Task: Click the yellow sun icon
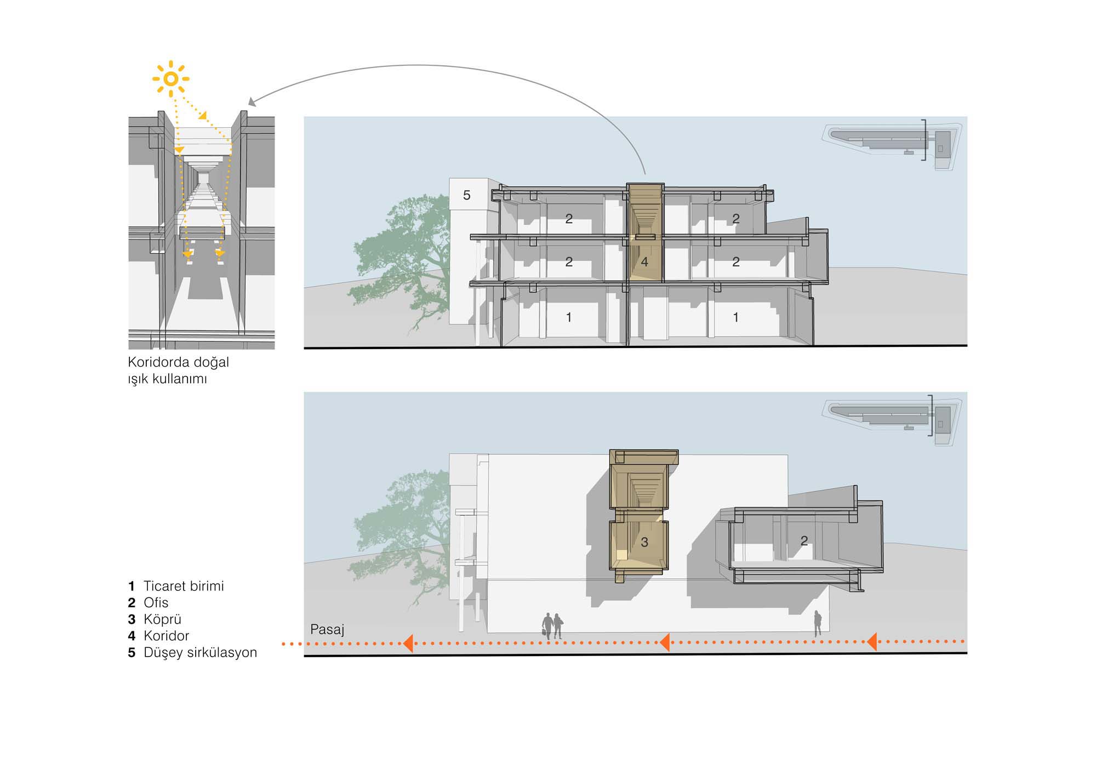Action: tap(171, 79)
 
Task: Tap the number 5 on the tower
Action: tap(466, 195)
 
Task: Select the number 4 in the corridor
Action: tap(644, 262)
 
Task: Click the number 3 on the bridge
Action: tap(644, 542)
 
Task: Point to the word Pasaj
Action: tap(327, 629)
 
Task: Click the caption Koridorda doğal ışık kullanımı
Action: tap(178, 370)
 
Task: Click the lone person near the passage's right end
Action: tap(817, 623)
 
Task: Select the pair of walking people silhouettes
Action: tap(552, 626)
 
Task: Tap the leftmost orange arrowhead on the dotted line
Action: tap(407, 642)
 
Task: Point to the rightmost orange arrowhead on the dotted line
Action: tap(871, 641)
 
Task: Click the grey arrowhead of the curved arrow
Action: tap(252, 102)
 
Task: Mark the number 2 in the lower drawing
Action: tap(804, 541)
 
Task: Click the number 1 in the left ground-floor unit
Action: tap(569, 317)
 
